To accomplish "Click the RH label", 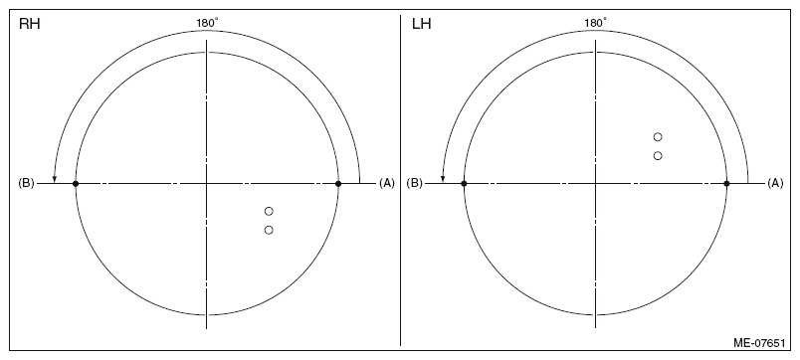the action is [x=30, y=24].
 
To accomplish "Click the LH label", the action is [x=422, y=24].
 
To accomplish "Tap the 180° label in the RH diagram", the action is [x=208, y=23].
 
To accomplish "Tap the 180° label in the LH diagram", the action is [x=595, y=23].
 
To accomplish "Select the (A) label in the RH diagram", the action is [x=387, y=183].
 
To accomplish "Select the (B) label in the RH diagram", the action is [x=26, y=183].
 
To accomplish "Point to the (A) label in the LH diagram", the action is [x=775, y=183].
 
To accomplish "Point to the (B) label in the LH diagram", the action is [x=414, y=183].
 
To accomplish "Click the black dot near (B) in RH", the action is [x=76, y=184].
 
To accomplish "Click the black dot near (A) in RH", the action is [x=338, y=184].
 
